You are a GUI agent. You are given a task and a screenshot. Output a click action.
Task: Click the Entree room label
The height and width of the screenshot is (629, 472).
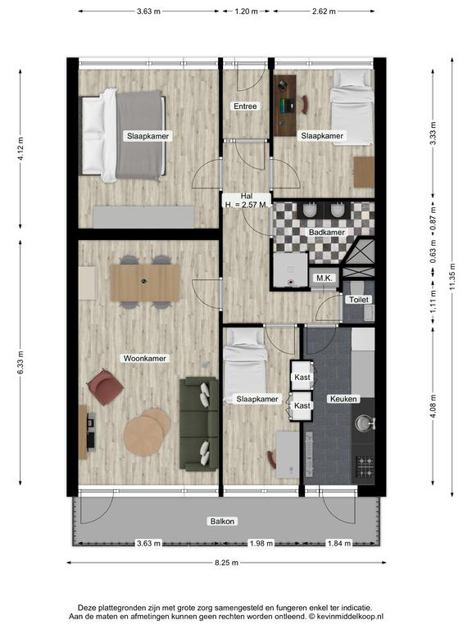[x=245, y=106]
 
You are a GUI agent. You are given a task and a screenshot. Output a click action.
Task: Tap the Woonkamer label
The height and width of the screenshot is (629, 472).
[x=144, y=359]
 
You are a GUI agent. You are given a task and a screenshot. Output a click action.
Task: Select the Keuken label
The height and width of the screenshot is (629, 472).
[x=343, y=399]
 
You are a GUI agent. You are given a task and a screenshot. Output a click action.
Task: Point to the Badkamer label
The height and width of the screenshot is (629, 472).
[x=327, y=233]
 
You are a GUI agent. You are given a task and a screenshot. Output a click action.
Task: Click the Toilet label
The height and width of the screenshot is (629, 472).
[x=358, y=300]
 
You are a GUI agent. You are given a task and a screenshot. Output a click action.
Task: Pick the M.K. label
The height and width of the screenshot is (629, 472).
[x=324, y=278]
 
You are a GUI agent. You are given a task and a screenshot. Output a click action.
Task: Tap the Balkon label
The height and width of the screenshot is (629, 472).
[x=222, y=522]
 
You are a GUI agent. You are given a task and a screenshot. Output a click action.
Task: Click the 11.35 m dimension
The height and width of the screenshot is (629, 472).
[x=452, y=276]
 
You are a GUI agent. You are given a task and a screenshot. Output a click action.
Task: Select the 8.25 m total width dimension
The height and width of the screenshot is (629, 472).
[x=227, y=563]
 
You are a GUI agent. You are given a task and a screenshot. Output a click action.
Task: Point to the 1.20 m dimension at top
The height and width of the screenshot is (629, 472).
[x=247, y=11]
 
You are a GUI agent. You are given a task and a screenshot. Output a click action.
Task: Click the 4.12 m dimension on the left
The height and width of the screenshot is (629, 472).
[x=20, y=149]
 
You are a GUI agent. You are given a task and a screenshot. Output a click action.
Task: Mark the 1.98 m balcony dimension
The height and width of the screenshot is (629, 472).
[x=261, y=544]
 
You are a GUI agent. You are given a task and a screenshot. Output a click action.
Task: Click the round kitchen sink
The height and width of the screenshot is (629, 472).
[x=364, y=423]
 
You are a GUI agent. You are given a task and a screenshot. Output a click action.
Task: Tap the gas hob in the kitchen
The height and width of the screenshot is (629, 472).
[x=365, y=466]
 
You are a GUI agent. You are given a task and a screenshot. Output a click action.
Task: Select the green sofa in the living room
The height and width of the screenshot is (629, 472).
[x=199, y=423]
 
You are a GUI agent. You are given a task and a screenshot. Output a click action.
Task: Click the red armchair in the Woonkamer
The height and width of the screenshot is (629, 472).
[x=106, y=387]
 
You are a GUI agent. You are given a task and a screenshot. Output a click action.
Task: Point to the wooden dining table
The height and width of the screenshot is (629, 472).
[x=145, y=283]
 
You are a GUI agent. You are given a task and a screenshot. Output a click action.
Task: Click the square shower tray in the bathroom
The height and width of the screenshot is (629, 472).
[x=290, y=270]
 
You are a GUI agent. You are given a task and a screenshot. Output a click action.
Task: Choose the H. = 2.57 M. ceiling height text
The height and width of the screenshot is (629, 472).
[x=246, y=205]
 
